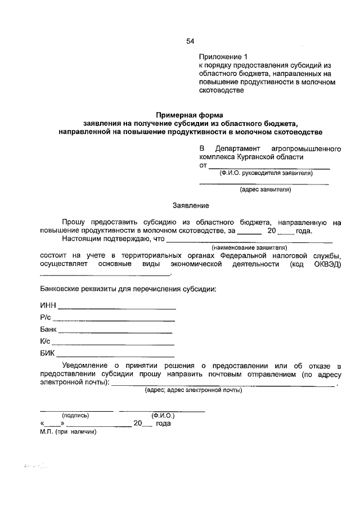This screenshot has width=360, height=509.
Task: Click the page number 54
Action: coord(190,41)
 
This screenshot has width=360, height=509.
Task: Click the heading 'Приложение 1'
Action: coord(223,57)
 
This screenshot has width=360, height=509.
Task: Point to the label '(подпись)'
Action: coord(76,416)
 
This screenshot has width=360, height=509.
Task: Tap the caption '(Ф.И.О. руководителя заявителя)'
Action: coord(266,173)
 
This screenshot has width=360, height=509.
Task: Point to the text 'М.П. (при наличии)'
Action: coord(69,432)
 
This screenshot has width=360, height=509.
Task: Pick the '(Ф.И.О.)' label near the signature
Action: coord(163,416)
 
